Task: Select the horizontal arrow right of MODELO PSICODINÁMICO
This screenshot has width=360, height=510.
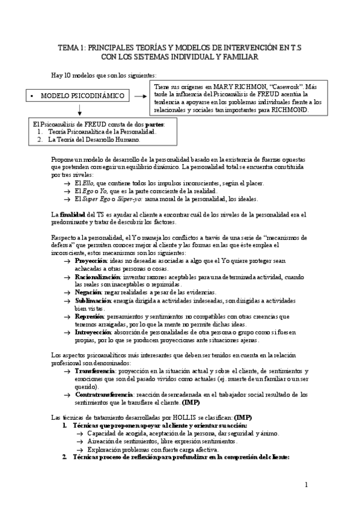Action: point(142,96)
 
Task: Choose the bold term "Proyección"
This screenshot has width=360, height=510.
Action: point(91,260)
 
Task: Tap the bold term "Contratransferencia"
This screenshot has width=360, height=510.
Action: point(103,394)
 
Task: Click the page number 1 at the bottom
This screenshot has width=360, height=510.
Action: point(306,485)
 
